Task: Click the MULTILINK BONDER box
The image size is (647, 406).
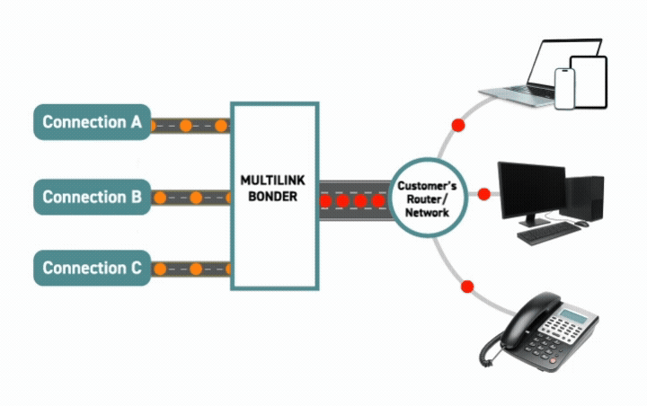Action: (x=274, y=196)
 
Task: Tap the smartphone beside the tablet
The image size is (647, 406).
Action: (x=564, y=88)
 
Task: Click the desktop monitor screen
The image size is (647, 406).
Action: (x=531, y=188)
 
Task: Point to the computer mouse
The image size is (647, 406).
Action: (x=581, y=222)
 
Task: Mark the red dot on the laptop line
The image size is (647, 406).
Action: (x=457, y=124)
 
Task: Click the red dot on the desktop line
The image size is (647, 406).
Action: (x=483, y=194)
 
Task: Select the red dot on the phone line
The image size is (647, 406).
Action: (x=466, y=287)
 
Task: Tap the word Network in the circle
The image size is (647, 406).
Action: (x=427, y=214)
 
